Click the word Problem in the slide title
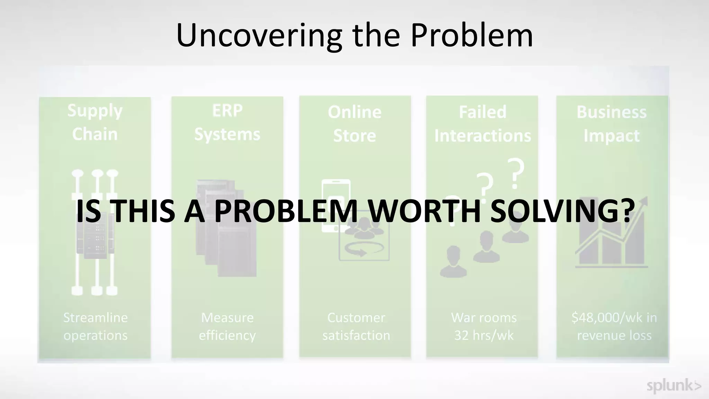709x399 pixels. click(472, 35)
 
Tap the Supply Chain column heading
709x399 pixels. click(95, 122)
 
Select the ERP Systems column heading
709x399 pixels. click(227, 122)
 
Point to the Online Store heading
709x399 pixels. click(354, 123)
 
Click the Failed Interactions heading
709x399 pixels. click(482, 123)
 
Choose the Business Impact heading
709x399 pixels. click(611, 123)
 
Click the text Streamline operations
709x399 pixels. click(95, 326)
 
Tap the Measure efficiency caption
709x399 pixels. click(227, 326)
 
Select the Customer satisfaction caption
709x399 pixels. click(356, 326)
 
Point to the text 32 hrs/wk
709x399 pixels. click(484, 335)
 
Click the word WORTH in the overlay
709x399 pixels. click(423, 211)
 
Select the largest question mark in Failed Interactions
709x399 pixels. click(515, 174)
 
